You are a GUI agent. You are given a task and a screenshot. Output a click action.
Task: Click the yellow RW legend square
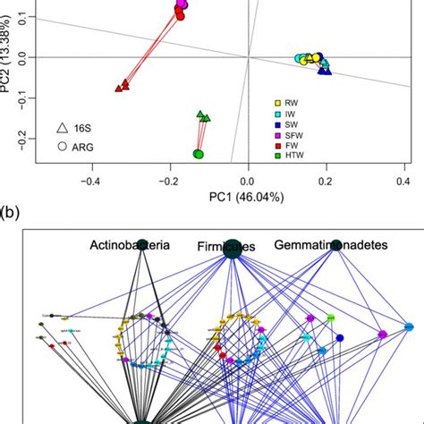[x=278, y=105]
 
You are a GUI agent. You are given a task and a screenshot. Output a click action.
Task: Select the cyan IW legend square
[x=278, y=115]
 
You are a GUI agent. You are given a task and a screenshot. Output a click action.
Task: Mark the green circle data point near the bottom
[x=199, y=155]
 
